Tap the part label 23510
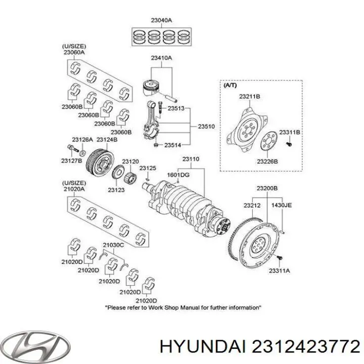point(206,126)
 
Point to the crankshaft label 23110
point(191,159)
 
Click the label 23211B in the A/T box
point(249,96)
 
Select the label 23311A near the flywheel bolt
point(280,271)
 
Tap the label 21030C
point(113,246)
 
